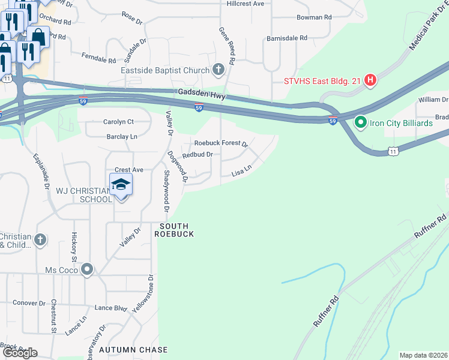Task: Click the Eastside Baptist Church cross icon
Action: click(218, 70)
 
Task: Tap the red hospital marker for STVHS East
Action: click(370, 80)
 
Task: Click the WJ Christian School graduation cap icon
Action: click(121, 185)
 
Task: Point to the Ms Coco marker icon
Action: click(88, 269)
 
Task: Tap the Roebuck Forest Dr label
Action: click(221, 143)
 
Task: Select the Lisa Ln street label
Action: click(241, 173)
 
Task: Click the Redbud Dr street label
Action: click(197, 155)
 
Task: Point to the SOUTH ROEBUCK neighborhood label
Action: click(174, 230)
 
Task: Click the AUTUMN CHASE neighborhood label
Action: click(133, 349)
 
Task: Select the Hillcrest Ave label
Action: click(246, 4)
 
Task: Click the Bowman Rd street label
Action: click(314, 18)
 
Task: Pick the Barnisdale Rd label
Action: click(287, 38)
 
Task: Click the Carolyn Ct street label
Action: click(118, 122)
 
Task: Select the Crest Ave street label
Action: click(129, 170)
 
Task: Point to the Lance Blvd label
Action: click(110, 308)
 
